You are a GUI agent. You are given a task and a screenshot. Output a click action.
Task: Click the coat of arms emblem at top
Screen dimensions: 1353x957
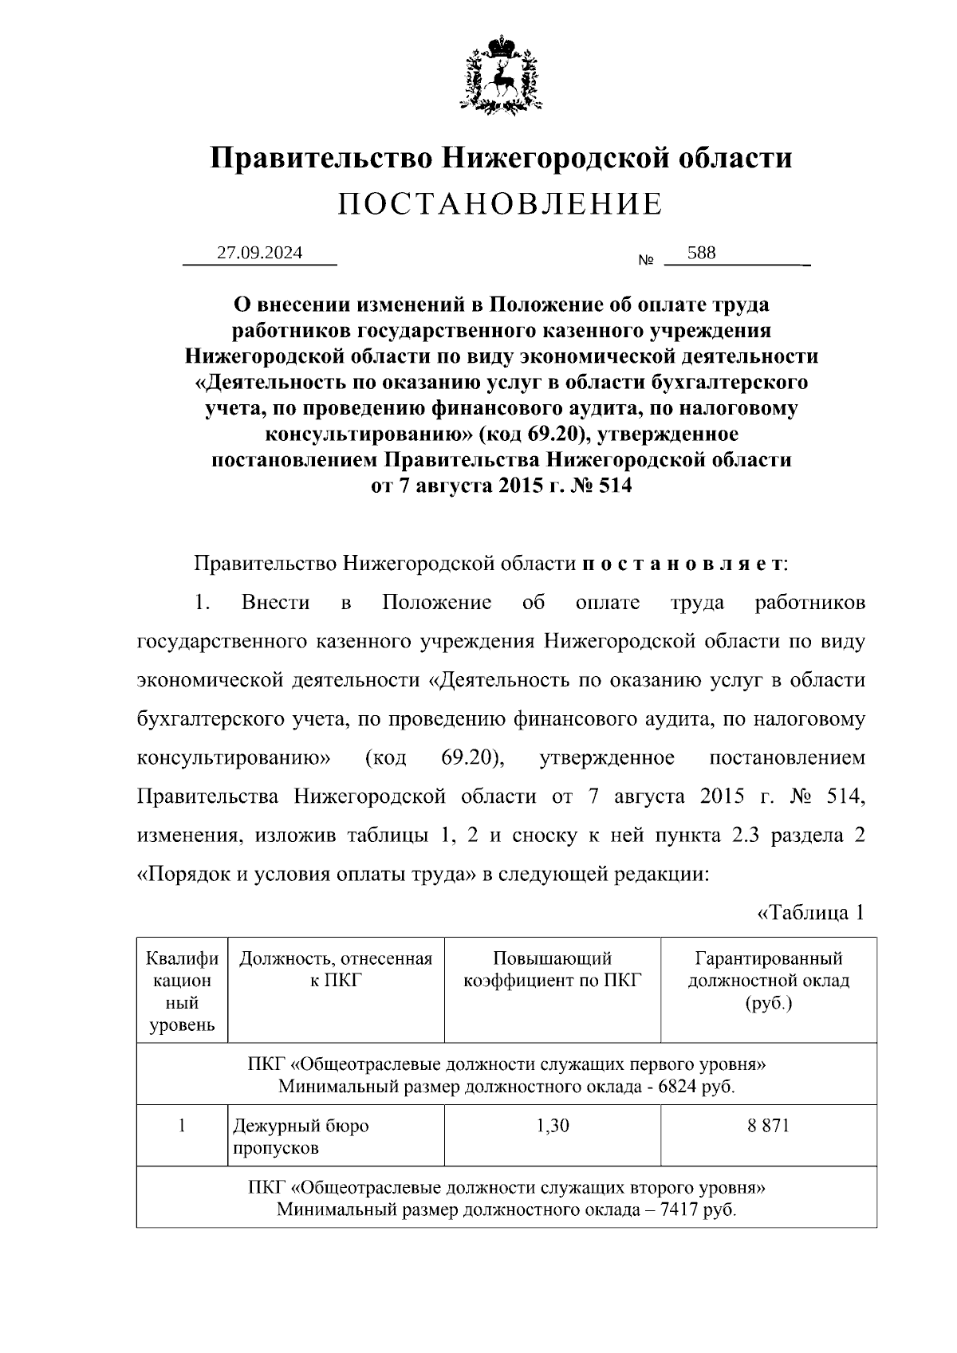click(x=501, y=74)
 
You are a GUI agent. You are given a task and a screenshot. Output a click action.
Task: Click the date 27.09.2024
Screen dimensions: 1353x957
click(x=260, y=253)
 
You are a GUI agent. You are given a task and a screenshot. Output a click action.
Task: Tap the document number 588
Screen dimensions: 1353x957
click(x=701, y=253)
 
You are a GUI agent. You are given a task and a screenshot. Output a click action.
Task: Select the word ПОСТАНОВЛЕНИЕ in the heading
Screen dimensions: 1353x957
click(x=500, y=204)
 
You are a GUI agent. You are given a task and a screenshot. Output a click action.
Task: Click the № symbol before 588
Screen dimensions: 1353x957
click(x=646, y=261)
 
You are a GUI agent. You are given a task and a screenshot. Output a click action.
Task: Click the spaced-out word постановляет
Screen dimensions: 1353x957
click(x=682, y=564)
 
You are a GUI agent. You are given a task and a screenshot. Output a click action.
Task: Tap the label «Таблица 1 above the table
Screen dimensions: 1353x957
click(x=809, y=912)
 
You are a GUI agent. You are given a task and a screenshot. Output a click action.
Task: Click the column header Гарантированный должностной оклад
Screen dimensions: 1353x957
click(x=768, y=980)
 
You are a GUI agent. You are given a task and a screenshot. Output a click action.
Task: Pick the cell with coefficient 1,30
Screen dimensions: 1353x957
click(x=552, y=1126)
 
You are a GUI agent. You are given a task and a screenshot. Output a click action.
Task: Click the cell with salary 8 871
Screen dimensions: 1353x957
click(x=768, y=1126)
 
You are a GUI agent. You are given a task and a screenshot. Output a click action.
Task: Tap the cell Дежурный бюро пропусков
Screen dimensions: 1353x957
click(x=301, y=1137)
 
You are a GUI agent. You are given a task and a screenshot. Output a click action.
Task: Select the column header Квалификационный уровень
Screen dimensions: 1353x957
click(x=182, y=991)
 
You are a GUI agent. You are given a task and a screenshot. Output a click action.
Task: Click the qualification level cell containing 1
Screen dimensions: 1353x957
click(x=182, y=1126)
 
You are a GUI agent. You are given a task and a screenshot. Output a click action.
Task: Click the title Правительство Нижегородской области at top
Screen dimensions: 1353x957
click(x=501, y=157)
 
